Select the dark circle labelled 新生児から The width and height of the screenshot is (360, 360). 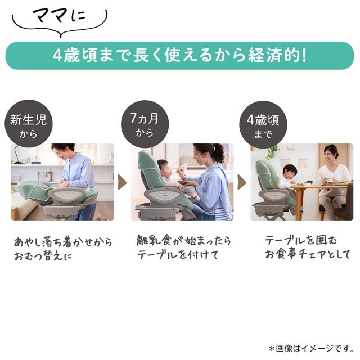29,124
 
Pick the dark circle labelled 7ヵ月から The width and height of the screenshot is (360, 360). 145,124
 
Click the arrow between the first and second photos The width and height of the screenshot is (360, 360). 122,182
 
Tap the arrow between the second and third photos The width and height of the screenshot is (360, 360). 242,182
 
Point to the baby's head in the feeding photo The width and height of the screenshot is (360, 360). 164,168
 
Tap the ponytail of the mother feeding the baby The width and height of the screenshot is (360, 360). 219,152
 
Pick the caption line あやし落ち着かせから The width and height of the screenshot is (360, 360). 63,242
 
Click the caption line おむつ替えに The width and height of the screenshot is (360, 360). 43,256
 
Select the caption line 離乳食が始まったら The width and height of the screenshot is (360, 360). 184,241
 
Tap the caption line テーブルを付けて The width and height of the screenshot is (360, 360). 178,255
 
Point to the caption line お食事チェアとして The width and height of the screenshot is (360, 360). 308,254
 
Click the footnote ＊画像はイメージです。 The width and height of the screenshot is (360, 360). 312,348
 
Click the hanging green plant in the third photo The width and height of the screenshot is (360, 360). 273,151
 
